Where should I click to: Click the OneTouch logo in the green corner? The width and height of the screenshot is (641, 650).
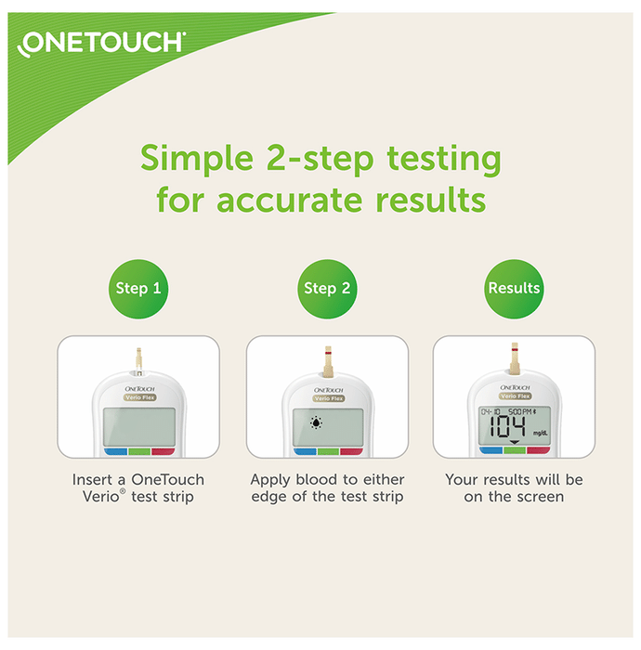coord(101,43)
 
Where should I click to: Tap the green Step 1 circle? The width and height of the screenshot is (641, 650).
coord(138,289)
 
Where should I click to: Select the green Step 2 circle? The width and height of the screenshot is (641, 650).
coord(327,289)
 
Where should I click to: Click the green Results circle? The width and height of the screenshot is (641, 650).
coord(514,289)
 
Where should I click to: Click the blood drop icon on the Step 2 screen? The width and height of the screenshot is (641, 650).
coord(317,422)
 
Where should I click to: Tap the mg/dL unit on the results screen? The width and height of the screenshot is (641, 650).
coord(541,434)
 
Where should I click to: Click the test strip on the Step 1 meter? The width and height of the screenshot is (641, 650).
coord(139,361)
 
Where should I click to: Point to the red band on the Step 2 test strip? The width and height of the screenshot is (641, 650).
coord(328,353)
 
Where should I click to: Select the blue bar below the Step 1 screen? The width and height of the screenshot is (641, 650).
coord(115,451)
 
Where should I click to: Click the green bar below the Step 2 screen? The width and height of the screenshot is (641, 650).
coord(328,451)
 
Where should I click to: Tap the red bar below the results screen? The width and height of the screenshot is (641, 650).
coord(538,450)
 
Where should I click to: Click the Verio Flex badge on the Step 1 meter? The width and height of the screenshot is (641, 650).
coord(139,397)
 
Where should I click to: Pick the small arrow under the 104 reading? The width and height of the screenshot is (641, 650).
coord(514,442)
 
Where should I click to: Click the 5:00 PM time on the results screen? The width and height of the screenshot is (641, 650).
coord(520,411)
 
